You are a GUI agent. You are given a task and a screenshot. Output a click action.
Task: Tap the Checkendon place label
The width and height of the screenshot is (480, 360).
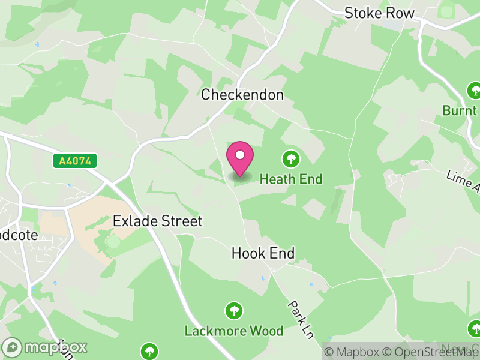click(x=242, y=95)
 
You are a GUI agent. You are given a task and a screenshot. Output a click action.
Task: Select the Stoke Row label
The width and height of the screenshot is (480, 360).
click(x=379, y=13)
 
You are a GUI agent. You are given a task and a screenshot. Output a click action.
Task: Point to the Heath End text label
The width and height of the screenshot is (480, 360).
click(x=291, y=179)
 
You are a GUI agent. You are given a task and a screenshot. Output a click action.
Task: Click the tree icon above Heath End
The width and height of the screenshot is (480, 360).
click(x=291, y=159)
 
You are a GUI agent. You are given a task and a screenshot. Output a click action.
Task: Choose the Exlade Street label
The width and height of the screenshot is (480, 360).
click(x=158, y=221)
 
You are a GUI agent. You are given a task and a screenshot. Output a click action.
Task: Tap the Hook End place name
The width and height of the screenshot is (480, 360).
click(x=263, y=254)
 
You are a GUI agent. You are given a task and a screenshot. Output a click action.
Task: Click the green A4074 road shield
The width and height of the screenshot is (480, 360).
click(x=75, y=161)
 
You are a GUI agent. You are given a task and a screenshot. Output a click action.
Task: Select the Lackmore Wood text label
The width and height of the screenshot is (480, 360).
click(x=233, y=331)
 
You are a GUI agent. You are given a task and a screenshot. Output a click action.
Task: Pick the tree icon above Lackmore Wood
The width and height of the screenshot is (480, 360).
click(x=233, y=311)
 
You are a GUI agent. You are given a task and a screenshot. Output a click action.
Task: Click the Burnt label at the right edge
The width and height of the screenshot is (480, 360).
click(x=460, y=111)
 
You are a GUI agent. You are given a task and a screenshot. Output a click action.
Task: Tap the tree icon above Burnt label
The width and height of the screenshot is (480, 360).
click(x=474, y=91)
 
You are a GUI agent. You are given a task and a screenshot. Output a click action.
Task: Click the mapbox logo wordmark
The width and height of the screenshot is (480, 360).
click(x=45, y=347)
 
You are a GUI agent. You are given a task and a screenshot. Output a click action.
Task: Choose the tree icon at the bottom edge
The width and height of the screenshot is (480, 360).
click(x=149, y=351)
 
